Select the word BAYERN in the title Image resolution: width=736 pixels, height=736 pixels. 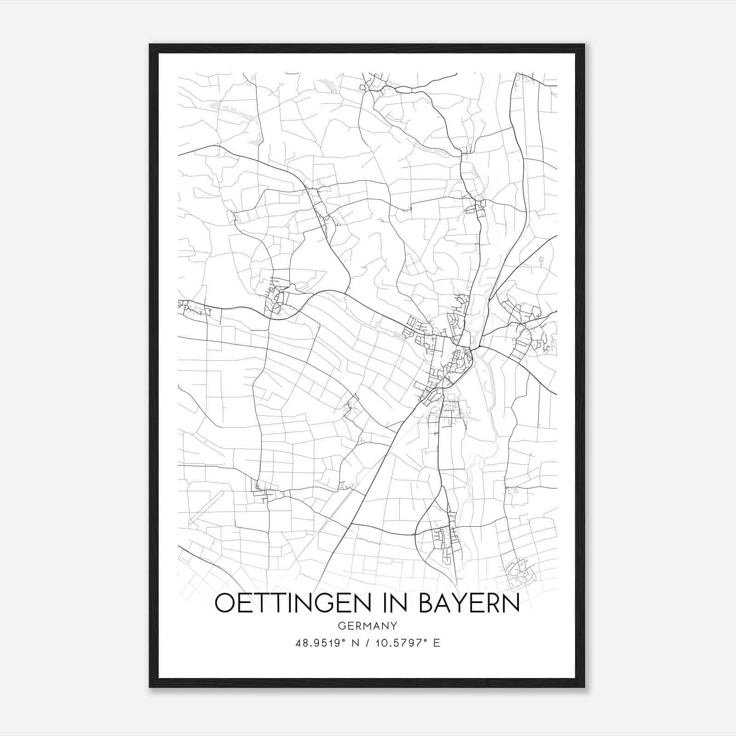tap(469, 603)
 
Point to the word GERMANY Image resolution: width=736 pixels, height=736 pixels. tap(367, 626)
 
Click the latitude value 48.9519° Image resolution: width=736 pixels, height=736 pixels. tap(320, 643)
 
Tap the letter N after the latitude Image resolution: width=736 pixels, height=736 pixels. tap(354, 643)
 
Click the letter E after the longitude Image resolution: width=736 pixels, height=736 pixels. tap(436, 643)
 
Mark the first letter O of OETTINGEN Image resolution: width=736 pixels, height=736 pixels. tap(225, 603)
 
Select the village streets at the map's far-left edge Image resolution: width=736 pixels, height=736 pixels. tap(189, 307)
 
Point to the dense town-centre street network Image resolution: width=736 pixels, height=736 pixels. tap(453, 359)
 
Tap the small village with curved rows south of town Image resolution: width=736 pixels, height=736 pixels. tap(444, 538)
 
